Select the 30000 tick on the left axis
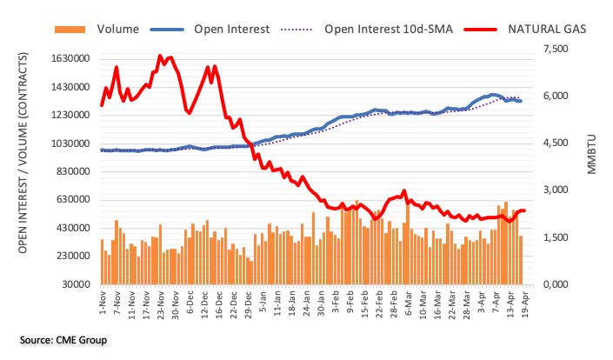coord(73,284)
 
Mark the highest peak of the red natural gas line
coord(160,56)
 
